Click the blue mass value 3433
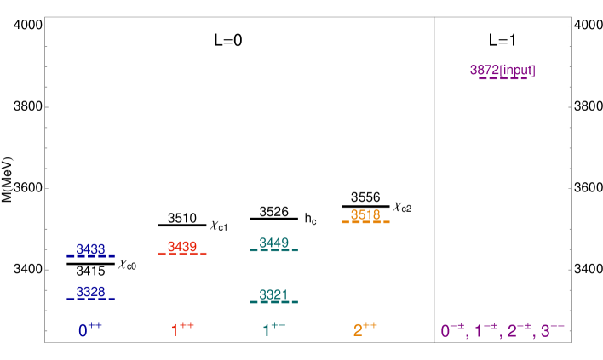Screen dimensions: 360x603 [x=90, y=249]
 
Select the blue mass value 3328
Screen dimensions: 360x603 [x=90, y=292]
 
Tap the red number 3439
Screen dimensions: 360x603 [x=182, y=247]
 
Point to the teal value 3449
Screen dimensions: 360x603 [x=273, y=243]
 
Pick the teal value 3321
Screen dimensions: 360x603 [x=273, y=294]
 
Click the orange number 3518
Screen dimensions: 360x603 [x=365, y=214]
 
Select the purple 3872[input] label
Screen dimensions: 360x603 [x=502, y=70]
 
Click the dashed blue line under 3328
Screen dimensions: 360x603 [x=90, y=299]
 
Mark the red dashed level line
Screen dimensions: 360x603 [x=182, y=254]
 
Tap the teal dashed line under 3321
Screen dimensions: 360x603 [x=273, y=302]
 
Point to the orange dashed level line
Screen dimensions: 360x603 [x=365, y=222]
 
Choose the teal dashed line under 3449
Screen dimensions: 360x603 [x=273, y=250]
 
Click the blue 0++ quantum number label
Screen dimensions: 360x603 [x=89, y=330]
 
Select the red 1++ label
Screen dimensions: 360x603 [x=182, y=329]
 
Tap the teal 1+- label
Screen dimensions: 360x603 [x=273, y=329]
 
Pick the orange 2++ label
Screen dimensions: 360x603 [x=365, y=329]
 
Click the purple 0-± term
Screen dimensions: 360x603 [x=452, y=330]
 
